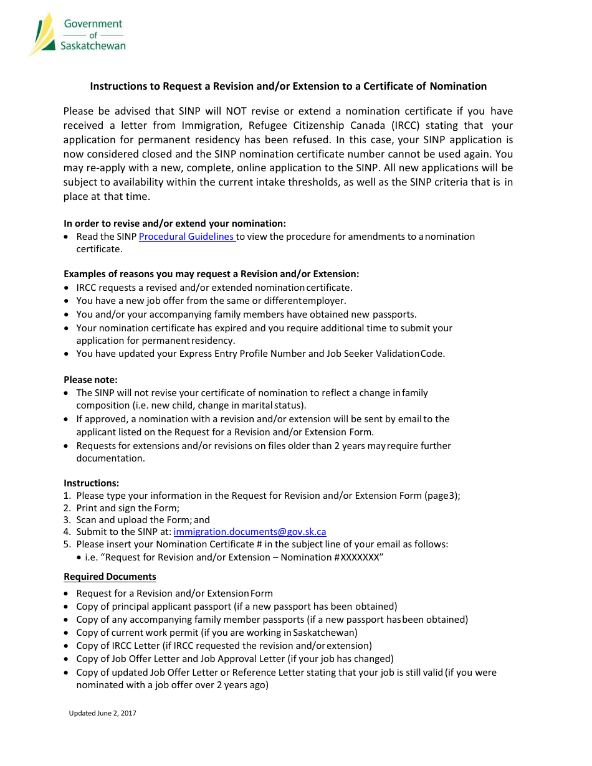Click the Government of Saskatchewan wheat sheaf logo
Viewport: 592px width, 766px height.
pos(43,34)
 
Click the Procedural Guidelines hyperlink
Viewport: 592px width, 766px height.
pos(186,237)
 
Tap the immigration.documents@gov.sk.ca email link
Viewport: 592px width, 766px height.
pos(249,532)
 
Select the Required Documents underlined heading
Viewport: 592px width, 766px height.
pos(110,577)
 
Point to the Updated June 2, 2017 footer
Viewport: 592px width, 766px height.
pos(102,713)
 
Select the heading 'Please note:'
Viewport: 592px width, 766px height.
pos(90,380)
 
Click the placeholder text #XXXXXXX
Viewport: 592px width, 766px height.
pos(358,557)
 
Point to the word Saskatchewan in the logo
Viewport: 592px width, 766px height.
pos(93,45)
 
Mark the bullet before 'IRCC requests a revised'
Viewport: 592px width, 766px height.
pos(67,288)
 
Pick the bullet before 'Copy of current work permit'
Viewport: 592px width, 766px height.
pos(67,633)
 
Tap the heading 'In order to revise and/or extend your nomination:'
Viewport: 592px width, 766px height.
pos(174,224)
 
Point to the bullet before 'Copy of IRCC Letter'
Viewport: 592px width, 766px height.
pos(67,646)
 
